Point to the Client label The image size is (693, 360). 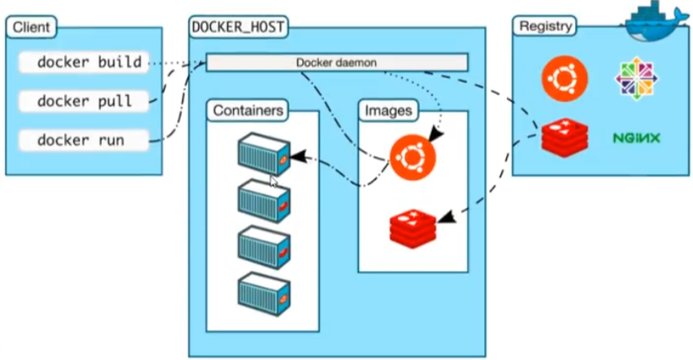(x=30, y=27)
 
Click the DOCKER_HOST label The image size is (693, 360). (x=238, y=27)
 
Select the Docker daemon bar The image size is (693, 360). (x=336, y=62)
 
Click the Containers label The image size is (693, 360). (x=247, y=110)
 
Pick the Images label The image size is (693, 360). (x=389, y=110)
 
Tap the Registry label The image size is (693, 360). (x=545, y=26)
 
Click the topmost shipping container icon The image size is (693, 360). (x=263, y=154)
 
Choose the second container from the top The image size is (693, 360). (x=263, y=199)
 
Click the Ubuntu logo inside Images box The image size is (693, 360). (x=412, y=156)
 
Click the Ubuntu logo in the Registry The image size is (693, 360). (x=564, y=77)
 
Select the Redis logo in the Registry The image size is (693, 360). (x=563, y=137)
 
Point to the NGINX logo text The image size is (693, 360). (x=636, y=137)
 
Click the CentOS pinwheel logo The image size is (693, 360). (x=637, y=77)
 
